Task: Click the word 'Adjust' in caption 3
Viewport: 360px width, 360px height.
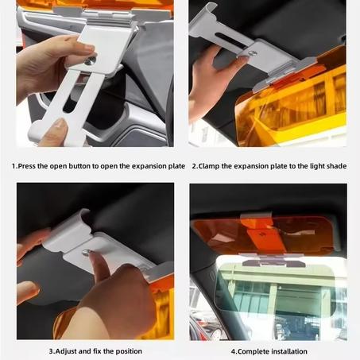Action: click(66, 351)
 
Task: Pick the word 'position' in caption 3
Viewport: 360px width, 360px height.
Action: click(129, 351)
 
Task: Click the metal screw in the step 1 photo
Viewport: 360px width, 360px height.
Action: click(89, 61)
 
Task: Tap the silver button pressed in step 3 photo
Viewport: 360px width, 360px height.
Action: click(86, 253)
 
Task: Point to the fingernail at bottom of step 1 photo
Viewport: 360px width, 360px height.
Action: click(60, 123)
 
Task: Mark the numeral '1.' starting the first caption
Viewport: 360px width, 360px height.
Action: click(14, 166)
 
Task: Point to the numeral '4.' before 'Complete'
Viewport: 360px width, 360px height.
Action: click(234, 351)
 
